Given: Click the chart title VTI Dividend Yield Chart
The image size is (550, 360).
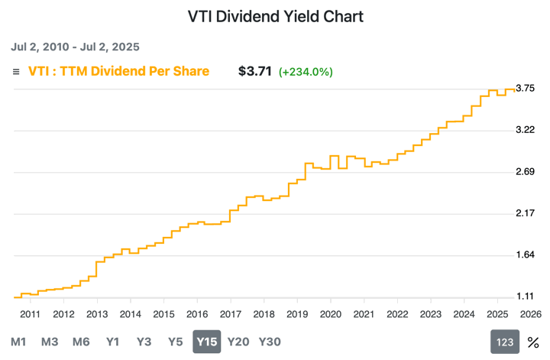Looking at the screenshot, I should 276,16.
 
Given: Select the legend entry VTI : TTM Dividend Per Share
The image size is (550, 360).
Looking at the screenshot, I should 118,72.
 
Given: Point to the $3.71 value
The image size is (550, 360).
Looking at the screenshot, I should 255,72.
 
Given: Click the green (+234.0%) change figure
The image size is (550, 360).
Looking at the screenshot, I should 306,72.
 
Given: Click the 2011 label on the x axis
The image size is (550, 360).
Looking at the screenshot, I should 30,313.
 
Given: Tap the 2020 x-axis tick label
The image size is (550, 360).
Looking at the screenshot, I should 330,313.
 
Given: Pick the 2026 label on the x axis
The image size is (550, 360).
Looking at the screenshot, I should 529,313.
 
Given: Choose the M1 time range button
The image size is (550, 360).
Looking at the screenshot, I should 19,342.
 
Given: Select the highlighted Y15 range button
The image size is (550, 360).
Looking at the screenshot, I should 207,342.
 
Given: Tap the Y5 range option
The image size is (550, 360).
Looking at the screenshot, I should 176,342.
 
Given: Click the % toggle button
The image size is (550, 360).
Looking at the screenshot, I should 533,342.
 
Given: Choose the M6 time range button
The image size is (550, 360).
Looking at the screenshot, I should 81,342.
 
